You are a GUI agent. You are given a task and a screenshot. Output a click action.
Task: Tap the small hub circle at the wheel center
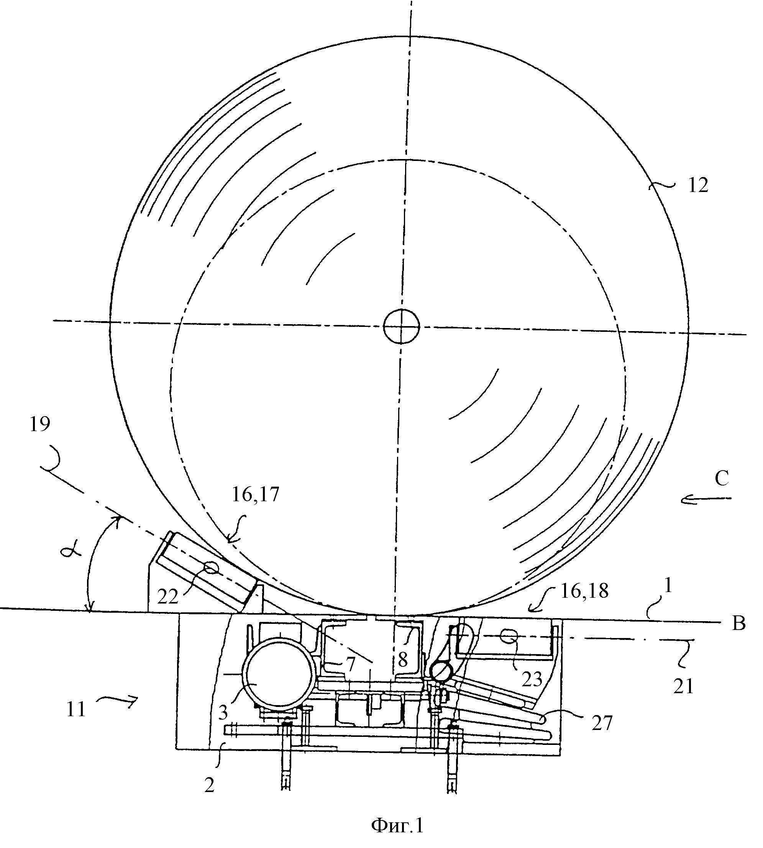(402, 326)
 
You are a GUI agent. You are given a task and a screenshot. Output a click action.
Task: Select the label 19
(40, 425)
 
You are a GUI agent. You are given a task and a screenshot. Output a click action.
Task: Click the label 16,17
(255, 495)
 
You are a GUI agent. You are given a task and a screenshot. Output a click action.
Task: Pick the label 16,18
(584, 591)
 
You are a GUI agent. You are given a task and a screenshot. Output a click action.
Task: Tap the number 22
(168, 597)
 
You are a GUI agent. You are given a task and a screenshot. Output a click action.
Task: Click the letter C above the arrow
(722, 479)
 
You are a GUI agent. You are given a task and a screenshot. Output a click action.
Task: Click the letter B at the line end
(739, 624)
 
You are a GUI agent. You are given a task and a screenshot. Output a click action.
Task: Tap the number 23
(532, 679)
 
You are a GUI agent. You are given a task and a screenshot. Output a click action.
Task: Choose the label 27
(602, 723)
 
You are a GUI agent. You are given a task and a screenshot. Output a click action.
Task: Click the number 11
(76, 710)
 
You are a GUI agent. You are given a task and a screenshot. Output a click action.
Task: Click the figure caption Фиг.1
(397, 826)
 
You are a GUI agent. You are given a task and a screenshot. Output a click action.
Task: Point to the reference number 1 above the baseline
(669, 586)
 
